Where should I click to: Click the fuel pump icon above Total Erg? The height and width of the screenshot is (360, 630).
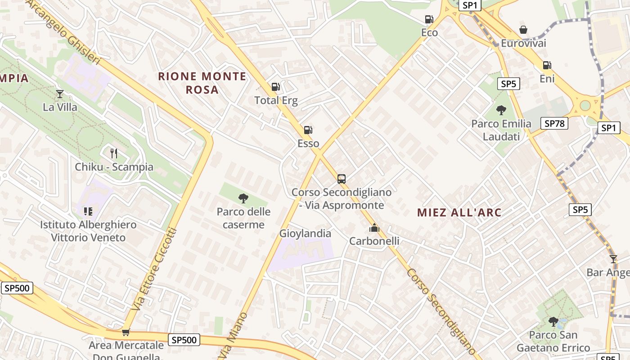point(275,87)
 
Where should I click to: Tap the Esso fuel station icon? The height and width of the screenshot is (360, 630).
point(308,130)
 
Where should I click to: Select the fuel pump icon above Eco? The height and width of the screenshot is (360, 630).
point(429,19)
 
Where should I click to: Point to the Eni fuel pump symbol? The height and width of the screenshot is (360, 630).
point(547,65)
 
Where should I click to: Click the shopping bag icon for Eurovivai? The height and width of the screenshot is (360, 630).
point(523,30)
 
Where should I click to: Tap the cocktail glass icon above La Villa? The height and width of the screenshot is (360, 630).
point(60,94)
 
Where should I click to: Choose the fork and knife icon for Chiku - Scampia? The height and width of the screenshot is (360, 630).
point(114,153)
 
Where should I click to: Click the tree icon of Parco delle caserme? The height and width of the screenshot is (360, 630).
point(243,198)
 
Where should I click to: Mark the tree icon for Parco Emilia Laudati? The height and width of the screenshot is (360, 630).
point(501,110)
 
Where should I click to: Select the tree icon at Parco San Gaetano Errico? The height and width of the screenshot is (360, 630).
point(553,322)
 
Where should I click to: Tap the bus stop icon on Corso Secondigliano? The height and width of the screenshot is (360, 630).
point(342,179)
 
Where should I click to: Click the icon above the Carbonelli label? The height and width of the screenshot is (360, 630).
point(374,228)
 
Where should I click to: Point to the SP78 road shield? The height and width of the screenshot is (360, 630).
point(554,123)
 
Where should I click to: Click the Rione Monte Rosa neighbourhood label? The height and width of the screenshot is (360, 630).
point(202,83)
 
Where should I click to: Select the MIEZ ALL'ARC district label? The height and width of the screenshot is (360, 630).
point(459,212)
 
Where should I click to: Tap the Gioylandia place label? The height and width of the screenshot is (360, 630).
point(305,234)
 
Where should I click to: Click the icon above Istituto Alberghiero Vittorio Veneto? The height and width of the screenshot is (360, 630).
point(88,211)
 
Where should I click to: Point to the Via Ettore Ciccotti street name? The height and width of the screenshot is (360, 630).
point(154,269)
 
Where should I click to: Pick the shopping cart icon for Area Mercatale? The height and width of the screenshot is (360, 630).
point(126,333)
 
